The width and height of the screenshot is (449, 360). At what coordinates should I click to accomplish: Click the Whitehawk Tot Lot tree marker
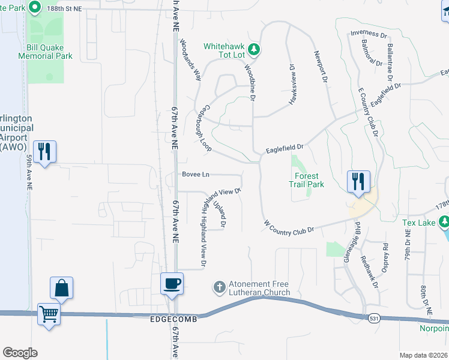(254, 50)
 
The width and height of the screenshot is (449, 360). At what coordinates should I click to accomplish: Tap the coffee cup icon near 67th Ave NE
(172, 283)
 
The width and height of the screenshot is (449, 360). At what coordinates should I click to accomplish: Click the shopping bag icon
(62, 288)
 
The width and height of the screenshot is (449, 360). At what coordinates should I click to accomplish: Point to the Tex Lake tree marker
(444, 223)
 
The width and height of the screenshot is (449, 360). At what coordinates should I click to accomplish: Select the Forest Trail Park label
(310, 181)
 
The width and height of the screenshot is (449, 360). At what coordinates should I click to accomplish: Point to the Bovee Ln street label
(196, 175)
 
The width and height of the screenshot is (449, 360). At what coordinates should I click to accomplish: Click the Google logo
(20, 352)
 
